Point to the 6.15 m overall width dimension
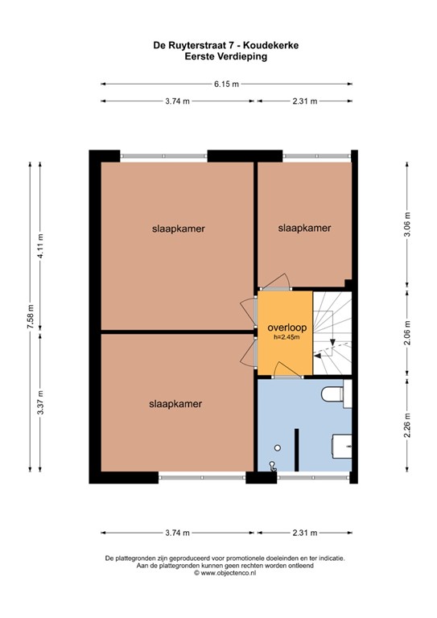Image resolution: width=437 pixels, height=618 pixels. [x=226, y=84]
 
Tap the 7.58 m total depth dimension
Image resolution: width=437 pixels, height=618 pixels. [x=31, y=315]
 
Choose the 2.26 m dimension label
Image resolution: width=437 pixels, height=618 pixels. [x=407, y=425]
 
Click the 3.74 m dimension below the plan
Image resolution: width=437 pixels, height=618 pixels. [x=177, y=533]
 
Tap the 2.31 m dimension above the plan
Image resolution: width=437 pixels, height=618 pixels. [x=304, y=101]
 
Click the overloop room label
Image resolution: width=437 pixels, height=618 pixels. [x=284, y=328]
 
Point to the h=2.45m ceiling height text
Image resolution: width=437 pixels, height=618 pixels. [x=284, y=338]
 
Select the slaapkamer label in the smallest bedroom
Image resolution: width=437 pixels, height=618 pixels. [x=304, y=229]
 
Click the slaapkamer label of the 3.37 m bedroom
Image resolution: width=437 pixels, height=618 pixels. [x=175, y=403]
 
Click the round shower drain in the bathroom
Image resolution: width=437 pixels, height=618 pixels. [x=278, y=447]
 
